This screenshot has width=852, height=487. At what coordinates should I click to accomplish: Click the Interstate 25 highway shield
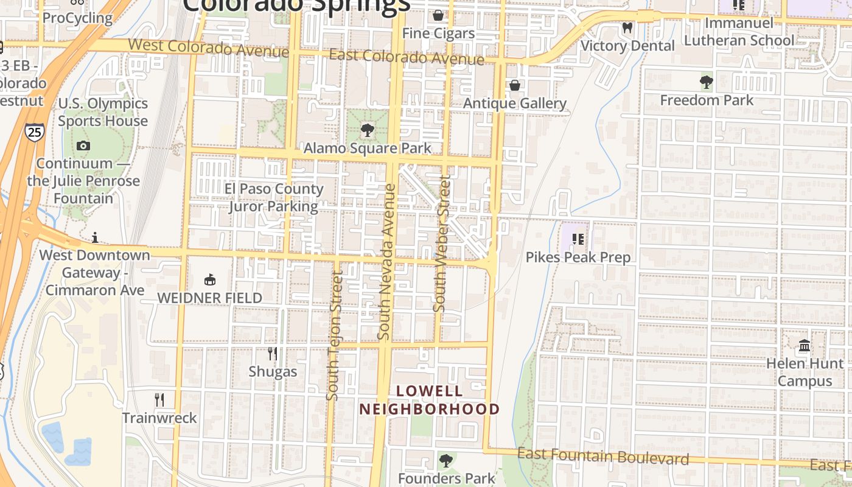click(x=35, y=131)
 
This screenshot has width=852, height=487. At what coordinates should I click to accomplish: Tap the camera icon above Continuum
click(x=83, y=145)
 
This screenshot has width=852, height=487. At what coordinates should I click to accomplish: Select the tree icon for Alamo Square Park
click(x=367, y=130)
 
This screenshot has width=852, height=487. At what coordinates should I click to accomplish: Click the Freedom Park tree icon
click(x=707, y=82)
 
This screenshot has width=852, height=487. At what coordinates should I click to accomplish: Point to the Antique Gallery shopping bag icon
click(x=515, y=85)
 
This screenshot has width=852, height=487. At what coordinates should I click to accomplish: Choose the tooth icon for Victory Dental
click(x=627, y=27)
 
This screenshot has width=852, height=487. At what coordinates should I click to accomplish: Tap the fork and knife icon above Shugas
click(x=273, y=353)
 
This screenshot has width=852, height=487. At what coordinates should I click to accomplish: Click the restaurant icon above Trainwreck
click(x=159, y=399)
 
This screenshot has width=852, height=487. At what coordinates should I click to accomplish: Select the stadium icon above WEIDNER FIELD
click(x=210, y=280)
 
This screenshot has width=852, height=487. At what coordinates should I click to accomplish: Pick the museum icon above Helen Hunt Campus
click(x=805, y=346)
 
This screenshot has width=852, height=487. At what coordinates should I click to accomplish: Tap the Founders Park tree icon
click(x=447, y=460)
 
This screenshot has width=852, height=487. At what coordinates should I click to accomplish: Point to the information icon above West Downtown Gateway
click(x=95, y=237)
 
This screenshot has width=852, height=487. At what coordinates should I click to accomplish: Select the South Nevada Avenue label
click(x=387, y=262)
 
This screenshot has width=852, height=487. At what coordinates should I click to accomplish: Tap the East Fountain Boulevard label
click(x=602, y=457)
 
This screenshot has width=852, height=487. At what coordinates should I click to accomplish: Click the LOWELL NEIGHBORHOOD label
click(x=429, y=400)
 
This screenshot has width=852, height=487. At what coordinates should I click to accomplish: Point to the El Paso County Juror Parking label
click(x=273, y=197)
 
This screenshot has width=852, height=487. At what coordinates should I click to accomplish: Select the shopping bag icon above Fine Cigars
click(x=438, y=15)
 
